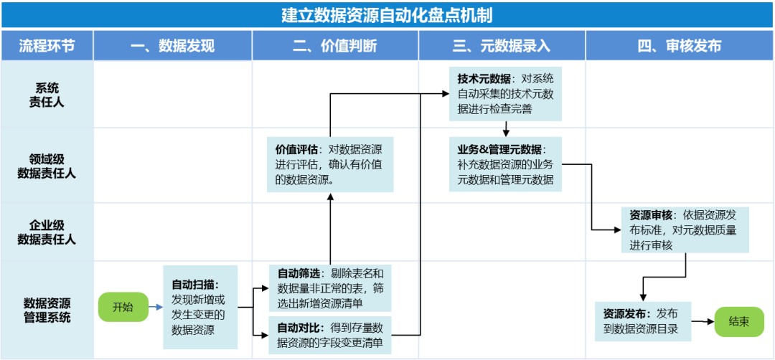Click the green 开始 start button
pos(123,307)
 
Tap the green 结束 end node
pos(739,322)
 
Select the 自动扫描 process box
pos(200,307)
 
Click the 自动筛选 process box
pos(329,288)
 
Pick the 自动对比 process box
pos(329,335)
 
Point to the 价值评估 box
pos(330,164)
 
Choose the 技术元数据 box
pos(506,94)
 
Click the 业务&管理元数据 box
pos(506,164)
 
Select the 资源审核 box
pos(685,229)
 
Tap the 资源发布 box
pos(643,321)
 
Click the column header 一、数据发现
pos(172,46)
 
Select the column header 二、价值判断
pos(335,46)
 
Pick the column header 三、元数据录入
pos(502,46)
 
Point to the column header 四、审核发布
pos(680,46)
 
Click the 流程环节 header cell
pos(47,46)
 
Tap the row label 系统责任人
pos(47,95)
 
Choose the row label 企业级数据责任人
pos(47,232)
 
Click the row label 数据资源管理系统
pos(47,310)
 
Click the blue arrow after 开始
pos(156,307)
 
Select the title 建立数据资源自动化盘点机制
pos(387,15)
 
